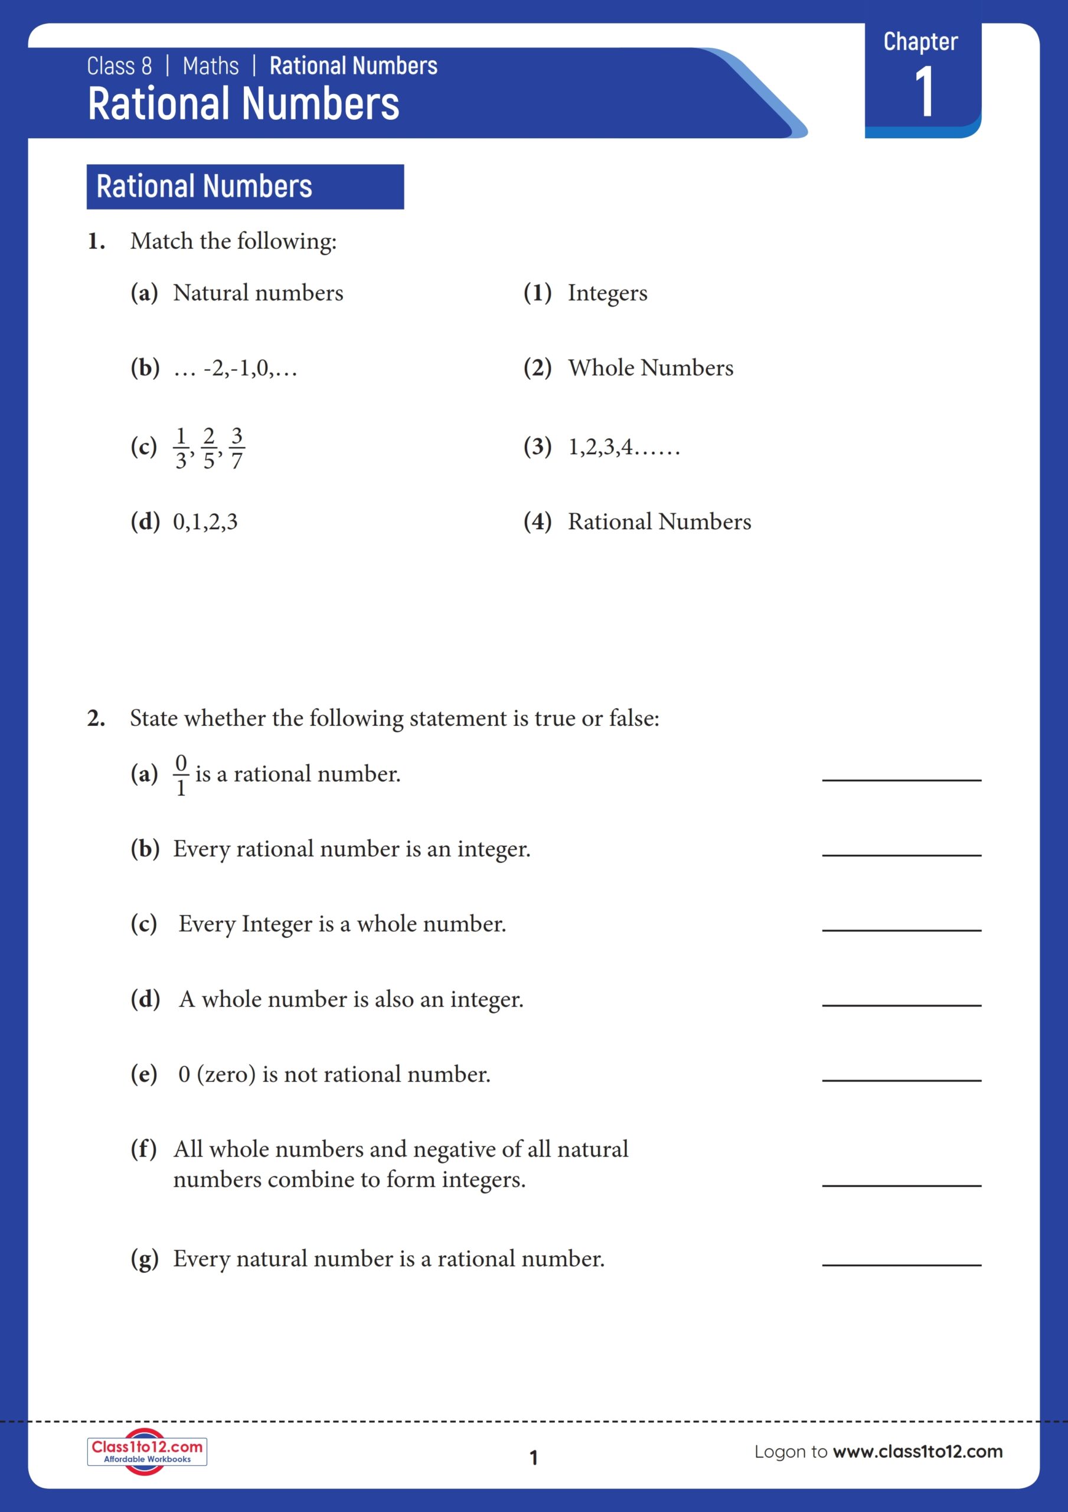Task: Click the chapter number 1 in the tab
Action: tap(924, 92)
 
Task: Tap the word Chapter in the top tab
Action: tap(920, 41)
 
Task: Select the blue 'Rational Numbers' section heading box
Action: tap(245, 187)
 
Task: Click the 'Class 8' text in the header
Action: tap(119, 67)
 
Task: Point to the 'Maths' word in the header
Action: tap(211, 67)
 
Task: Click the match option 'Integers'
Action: tap(607, 293)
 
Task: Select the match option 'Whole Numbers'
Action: tap(650, 368)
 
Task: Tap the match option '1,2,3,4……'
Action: tap(623, 447)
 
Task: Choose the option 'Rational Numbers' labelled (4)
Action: tap(659, 522)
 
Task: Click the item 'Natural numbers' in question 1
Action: tap(258, 293)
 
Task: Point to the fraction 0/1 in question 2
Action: tap(181, 775)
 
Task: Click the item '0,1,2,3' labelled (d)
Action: tap(205, 522)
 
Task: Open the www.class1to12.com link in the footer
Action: tap(917, 1451)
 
